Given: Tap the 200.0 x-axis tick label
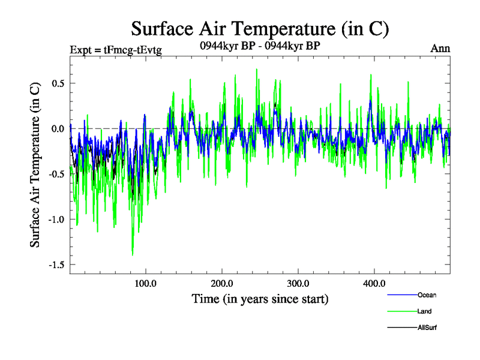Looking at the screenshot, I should coord(222,283).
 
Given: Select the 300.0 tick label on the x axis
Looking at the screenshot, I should coord(298,283).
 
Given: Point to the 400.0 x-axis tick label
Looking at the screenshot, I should coord(374,283).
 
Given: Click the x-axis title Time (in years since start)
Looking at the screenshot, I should coord(260,298).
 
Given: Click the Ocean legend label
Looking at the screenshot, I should coord(427,295).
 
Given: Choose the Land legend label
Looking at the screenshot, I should coord(424,311).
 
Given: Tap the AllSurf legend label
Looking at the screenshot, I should coord(427,328).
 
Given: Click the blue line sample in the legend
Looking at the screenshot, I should coord(401,295).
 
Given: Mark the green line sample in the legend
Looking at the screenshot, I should coord(401,311).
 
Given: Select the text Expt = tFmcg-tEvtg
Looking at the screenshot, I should coord(116,50).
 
